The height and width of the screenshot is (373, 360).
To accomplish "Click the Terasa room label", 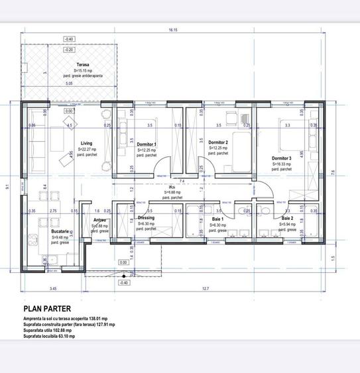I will (x=82, y=65).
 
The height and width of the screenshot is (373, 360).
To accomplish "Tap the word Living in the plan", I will (x=87, y=143).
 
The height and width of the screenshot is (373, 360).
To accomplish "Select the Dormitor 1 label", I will (x=147, y=144).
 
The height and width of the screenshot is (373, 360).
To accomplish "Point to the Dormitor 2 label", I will (x=218, y=142).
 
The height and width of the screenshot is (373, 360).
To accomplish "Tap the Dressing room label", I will (x=146, y=218).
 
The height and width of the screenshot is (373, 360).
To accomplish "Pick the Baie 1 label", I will (x=218, y=219).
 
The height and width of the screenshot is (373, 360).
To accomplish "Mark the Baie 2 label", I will (x=287, y=219).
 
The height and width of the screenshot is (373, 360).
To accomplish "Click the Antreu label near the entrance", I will (x=100, y=220).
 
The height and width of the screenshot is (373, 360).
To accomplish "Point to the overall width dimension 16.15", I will (x=174, y=30).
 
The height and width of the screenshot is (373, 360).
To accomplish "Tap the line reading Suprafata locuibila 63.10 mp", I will (x=49, y=337).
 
